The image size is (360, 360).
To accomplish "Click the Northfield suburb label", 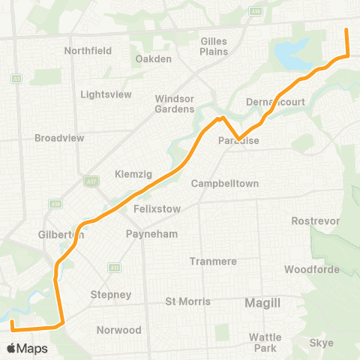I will (88, 50).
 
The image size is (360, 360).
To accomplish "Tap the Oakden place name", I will (154, 58).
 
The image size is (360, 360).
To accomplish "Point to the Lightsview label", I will (106, 94).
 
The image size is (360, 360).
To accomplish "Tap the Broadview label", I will (58, 138).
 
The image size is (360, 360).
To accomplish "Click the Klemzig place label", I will (133, 174).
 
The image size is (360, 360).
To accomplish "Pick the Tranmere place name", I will (214, 261).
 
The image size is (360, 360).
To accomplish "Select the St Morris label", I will (187, 301).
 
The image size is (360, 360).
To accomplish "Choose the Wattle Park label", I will (265, 343).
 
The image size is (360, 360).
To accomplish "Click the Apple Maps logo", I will (28, 349).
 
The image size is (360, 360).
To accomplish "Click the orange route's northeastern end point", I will (346, 30).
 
